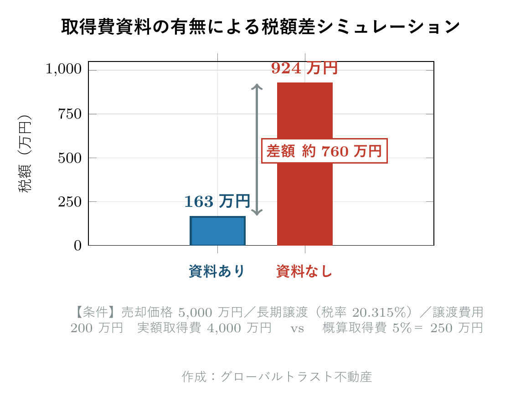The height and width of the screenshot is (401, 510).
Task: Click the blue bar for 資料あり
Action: [x=217, y=231]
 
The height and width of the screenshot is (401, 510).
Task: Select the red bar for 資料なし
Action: [x=305, y=164]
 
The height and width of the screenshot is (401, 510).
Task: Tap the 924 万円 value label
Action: [x=304, y=68]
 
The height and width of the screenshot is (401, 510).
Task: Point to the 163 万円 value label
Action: [x=217, y=201]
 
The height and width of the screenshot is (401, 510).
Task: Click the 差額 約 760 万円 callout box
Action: [x=324, y=151]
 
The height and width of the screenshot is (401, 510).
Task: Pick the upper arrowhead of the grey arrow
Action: [x=257, y=87]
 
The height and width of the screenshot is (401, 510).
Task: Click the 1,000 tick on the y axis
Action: [x=63, y=70]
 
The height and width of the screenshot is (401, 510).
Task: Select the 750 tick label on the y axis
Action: [x=69, y=114]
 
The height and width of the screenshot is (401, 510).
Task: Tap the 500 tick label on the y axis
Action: [x=69, y=158]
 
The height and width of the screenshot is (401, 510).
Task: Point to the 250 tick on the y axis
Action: [x=69, y=202]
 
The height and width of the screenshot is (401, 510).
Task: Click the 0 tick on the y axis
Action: [x=77, y=246]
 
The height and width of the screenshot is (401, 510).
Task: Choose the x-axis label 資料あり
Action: [x=217, y=272]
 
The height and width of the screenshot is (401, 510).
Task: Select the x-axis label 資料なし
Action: [x=304, y=272]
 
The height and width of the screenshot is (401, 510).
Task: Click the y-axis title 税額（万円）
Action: [x=25, y=154]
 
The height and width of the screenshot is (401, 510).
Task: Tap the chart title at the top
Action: [x=261, y=27]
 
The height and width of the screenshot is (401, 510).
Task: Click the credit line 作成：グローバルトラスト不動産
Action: [x=277, y=377]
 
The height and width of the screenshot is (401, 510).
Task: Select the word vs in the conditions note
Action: [x=297, y=328]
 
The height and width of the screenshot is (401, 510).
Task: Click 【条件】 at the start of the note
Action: [x=96, y=313]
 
